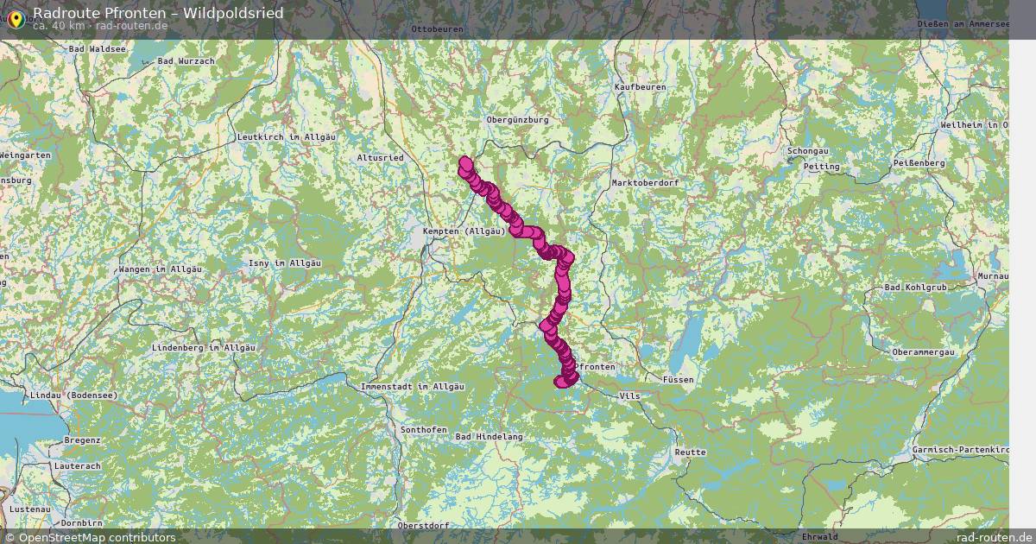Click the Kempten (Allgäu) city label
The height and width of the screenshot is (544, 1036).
coord(464,231)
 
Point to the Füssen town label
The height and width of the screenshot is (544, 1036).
coord(679,380)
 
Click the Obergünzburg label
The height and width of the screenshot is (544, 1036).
coord(518,119)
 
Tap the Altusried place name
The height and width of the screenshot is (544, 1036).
coord(380,158)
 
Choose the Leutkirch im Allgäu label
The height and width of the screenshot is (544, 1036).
coord(286,137)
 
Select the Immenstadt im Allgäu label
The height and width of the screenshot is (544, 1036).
coord(413,386)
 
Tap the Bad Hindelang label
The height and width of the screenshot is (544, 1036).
coord(489,437)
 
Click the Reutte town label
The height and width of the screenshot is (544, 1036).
coord(690,452)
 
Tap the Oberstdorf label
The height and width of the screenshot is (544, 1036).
coord(423,525)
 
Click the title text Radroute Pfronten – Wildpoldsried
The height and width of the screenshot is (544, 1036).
coord(157,13)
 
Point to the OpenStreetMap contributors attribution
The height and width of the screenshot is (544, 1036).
coord(97,537)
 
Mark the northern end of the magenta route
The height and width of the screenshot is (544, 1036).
coord(465,161)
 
